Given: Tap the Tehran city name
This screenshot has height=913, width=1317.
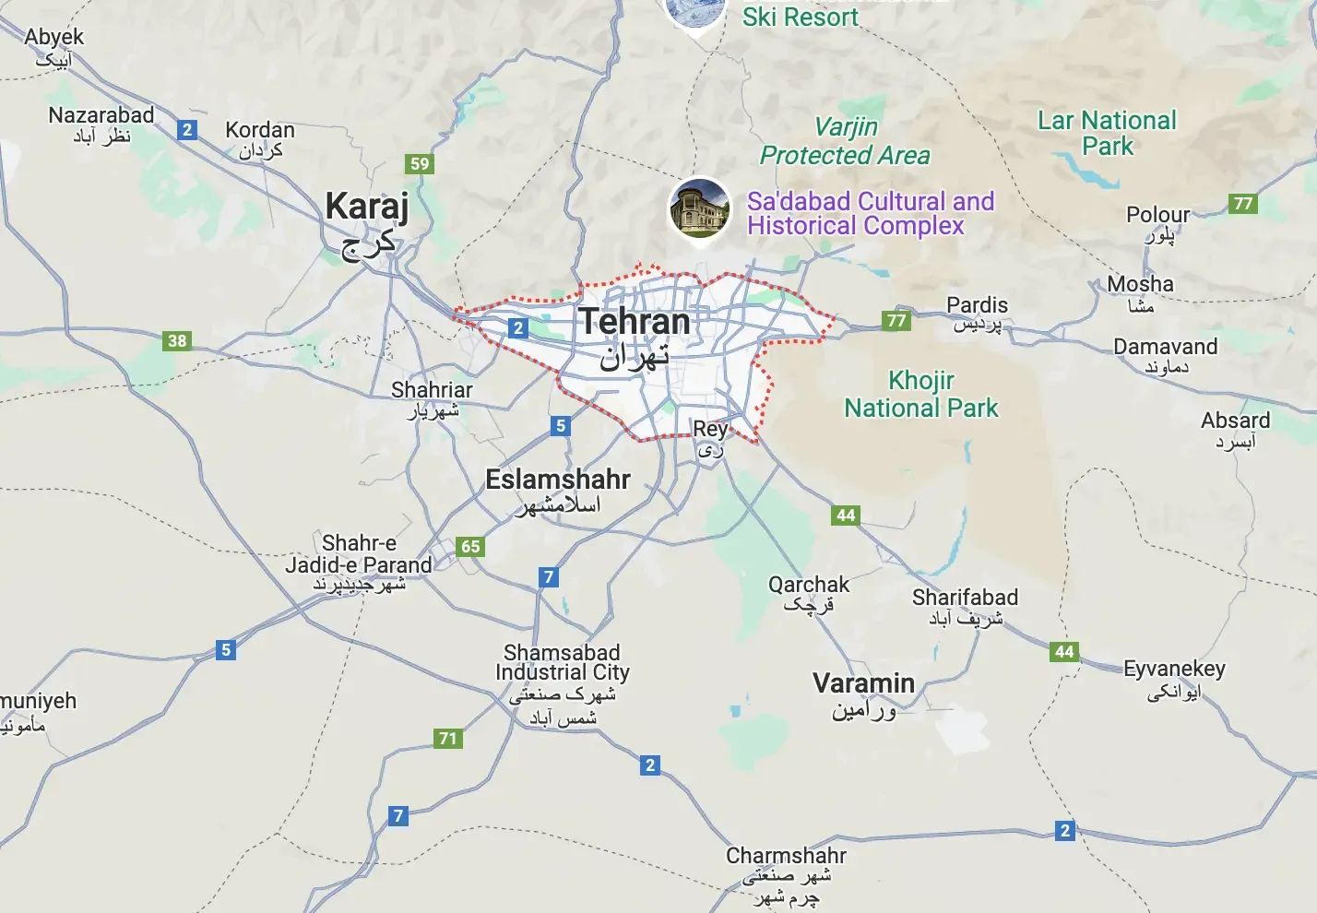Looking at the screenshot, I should [x=635, y=323].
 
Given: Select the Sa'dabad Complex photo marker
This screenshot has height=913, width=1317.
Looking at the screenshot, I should [x=699, y=208].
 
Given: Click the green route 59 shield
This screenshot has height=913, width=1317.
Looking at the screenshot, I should [x=420, y=164].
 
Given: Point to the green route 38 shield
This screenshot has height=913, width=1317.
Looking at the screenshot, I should [x=177, y=341].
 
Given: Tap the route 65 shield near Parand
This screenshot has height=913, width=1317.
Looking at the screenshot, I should [x=470, y=546].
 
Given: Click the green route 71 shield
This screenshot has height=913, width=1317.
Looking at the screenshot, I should [x=448, y=738].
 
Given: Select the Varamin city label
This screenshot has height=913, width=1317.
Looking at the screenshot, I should [x=863, y=684].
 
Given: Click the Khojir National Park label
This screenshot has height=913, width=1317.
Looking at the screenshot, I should [x=921, y=394].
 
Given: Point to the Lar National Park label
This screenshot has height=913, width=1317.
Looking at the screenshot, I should [x=1107, y=133].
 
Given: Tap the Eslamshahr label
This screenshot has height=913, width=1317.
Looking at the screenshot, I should [x=558, y=480].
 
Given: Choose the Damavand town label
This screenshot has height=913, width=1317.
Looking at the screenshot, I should [x=1165, y=347].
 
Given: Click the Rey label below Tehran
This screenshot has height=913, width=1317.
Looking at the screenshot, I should [x=710, y=429].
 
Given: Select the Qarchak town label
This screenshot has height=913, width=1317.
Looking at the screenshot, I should [x=809, y=585].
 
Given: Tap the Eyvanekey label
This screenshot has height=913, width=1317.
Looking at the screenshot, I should [x=1174, y=669].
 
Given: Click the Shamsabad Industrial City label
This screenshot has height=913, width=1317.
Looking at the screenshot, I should [x=562, y=662].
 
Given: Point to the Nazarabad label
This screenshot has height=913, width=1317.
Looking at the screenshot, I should [x=101, y=115].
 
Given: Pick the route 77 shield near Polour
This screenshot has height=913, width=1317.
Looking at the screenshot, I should [x=1243, y=203].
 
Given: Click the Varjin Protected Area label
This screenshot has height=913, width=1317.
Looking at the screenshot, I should [x=845, y=141].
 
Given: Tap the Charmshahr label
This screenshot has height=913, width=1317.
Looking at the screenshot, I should [x=786, y=856].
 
